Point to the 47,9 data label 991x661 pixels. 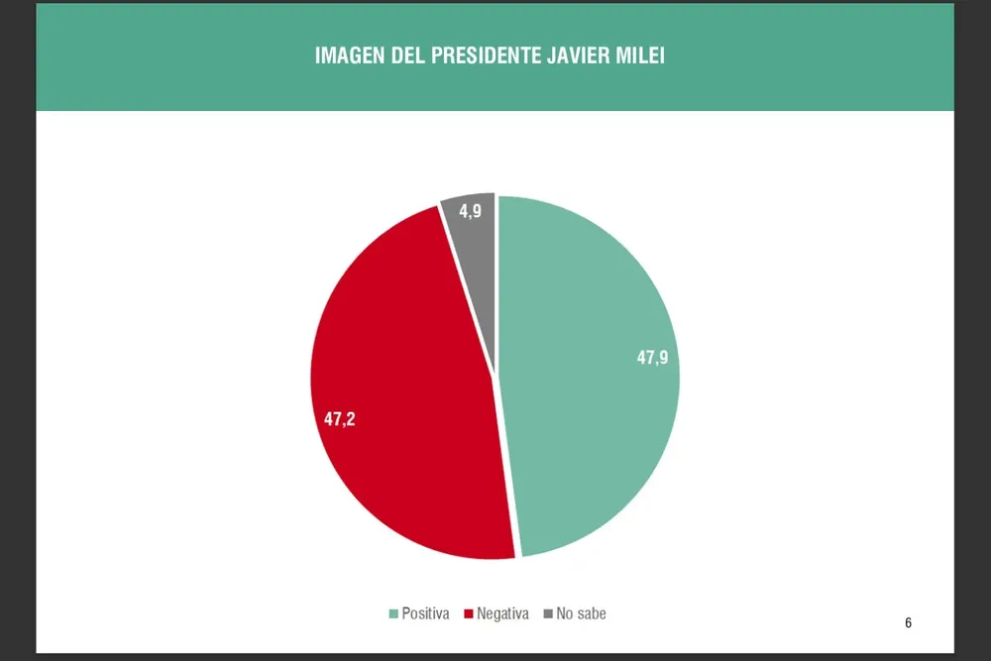(x=652, y=358)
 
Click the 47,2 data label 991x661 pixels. (x=340, y=418)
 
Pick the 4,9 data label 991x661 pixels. (x=470, y=210)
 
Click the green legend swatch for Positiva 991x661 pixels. (x=394, y=614)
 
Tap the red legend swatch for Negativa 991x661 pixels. (x=469, y=614)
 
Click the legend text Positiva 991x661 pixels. (x=425, y=614)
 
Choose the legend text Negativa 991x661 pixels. (x=502, y=614)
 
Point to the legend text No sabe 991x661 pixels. (x=581, y=614)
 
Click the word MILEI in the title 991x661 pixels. (x=643, y=55)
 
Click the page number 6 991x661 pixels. (x=908, y=623)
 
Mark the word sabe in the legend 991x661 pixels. (x=592, y=614)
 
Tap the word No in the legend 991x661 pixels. (x=565, y=614)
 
